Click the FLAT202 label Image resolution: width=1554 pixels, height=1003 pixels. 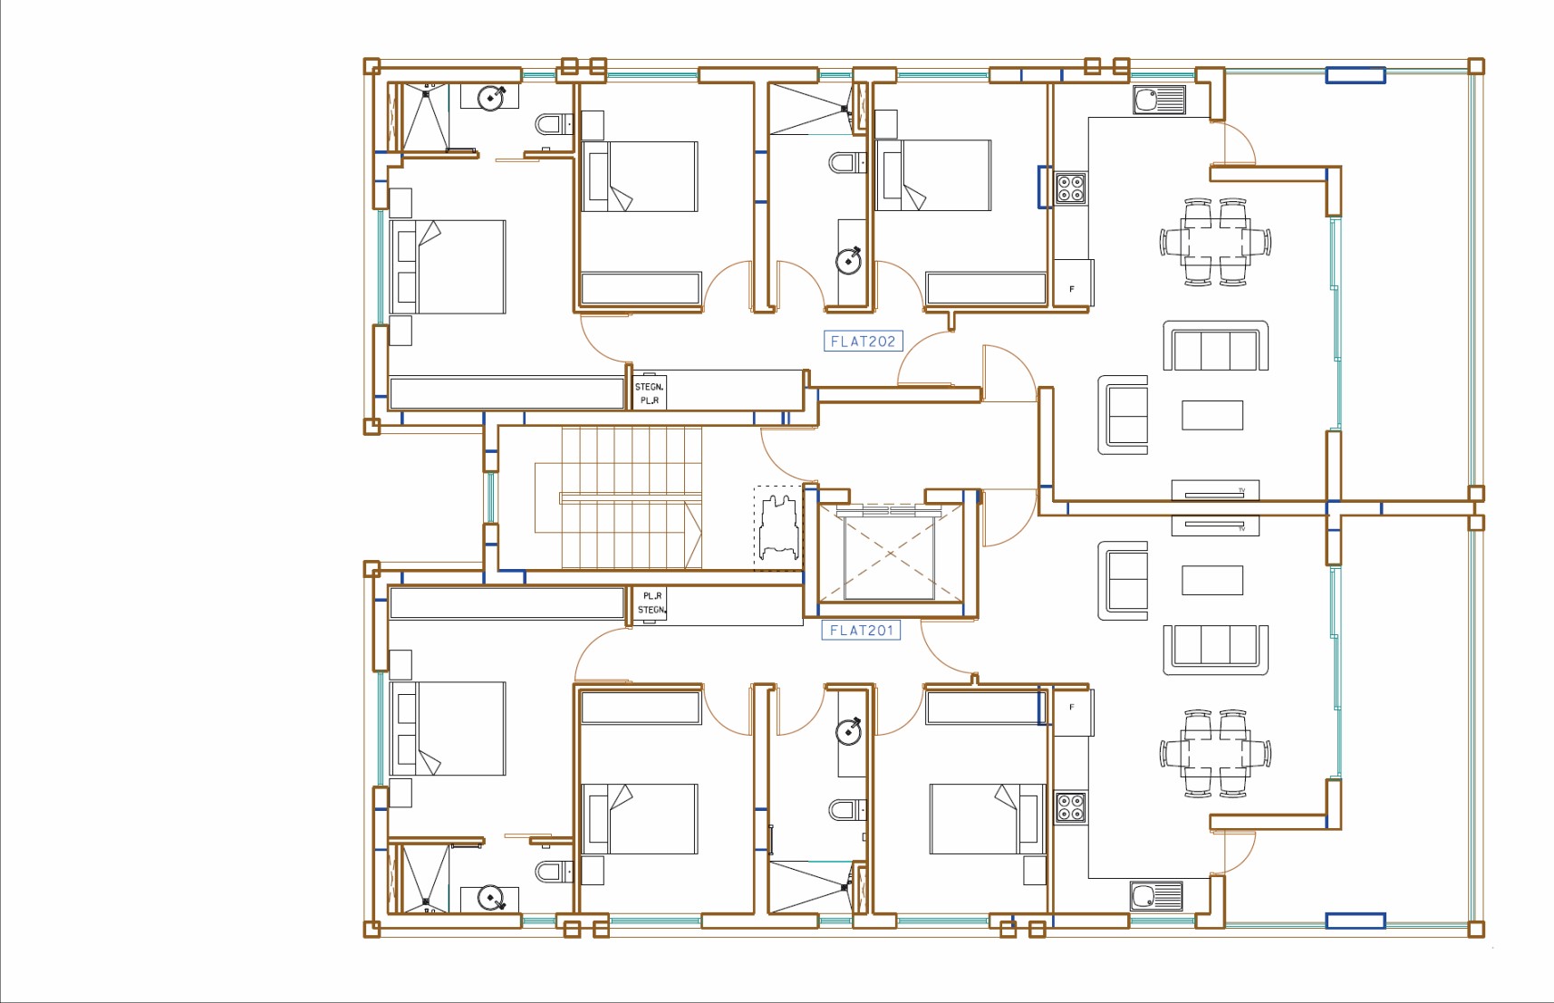point(863,341)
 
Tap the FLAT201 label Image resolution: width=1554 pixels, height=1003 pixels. point(861,630)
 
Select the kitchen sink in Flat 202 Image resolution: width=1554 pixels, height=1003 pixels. point(1159,100)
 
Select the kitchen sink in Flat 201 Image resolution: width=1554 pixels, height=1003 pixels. point(1156,896)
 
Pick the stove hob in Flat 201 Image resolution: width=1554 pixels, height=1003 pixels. point(1070,806)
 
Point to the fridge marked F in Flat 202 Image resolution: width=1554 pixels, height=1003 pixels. point(1073,283)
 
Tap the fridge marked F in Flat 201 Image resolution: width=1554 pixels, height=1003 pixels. point(1073,712)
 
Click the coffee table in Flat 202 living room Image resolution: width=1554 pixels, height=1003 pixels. point(1212,415)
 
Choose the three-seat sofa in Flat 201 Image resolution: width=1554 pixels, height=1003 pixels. point(1215,649)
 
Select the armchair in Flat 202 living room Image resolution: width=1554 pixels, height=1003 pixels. point(1124,415)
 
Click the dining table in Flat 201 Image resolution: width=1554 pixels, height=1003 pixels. point(1215,754)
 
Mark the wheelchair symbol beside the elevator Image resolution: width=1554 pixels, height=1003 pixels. point(779,528)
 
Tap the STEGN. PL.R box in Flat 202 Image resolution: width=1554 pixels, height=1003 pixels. point(649,393)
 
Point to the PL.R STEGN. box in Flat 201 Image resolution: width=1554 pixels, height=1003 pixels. point(651,603)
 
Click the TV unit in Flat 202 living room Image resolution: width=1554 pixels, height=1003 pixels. point(1215,490)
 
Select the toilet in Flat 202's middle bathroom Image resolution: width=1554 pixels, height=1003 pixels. point(846,163)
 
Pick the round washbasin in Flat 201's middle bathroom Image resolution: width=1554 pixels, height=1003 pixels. point(849,730)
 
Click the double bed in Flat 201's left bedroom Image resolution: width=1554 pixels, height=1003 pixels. point(448,728)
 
